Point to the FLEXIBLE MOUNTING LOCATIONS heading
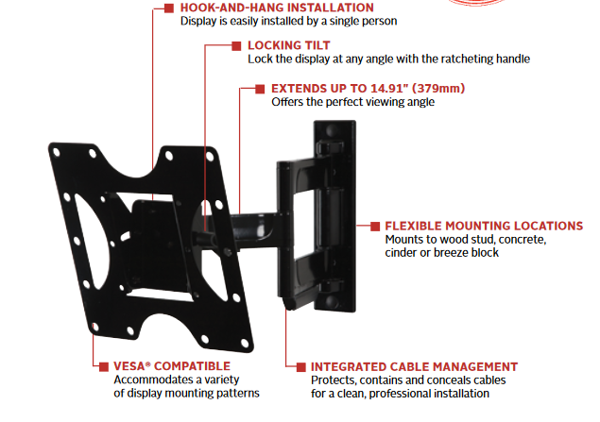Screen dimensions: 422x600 [483, 227]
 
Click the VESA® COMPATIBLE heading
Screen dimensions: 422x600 [170, 365]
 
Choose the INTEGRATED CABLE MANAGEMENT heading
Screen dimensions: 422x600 [414, 366]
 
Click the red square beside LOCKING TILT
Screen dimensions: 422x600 [235, 44]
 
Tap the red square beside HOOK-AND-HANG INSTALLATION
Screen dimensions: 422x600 [168, 8]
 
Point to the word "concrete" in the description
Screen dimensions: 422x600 [524, 240]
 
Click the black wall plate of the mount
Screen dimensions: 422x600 [334, 217]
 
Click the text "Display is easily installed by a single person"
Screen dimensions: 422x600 [288, 21]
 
